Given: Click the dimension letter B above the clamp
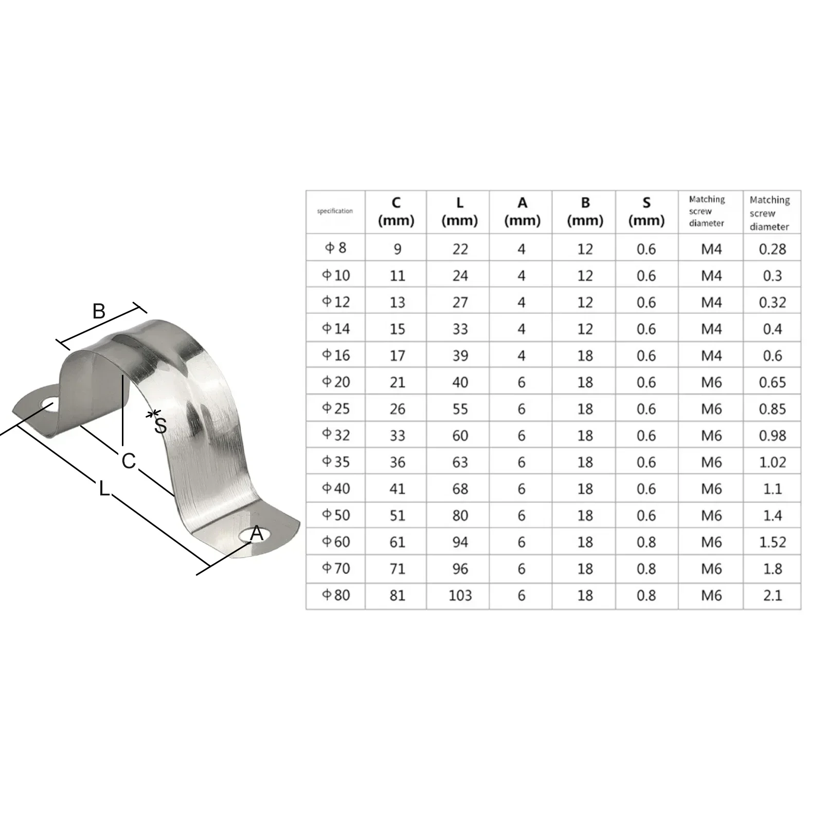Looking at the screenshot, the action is (99, 311).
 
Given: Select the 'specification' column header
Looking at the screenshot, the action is (335, 211).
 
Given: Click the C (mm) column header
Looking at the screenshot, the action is (396, 211).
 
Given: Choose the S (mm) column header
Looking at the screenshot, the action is (647, 211).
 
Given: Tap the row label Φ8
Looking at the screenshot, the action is (335, 248).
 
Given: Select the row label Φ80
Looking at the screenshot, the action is (336, 595).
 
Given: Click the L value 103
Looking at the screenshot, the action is (460, 595).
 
